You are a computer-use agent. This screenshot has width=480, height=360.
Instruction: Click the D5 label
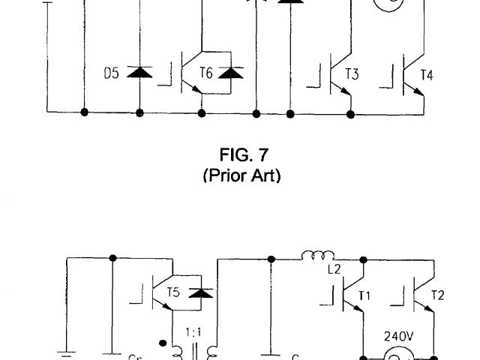pos(111,73)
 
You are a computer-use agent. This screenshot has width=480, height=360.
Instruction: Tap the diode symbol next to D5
pos(139,72)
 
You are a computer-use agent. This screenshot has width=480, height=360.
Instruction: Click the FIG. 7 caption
pos(241,155)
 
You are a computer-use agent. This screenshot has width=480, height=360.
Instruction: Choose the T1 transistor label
pos(364,295)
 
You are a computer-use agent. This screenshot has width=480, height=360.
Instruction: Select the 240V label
pos(398,336)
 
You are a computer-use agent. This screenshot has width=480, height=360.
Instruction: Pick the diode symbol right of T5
pos(199,291)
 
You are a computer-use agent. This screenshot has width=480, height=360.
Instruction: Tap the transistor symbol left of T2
pos(421,295)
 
